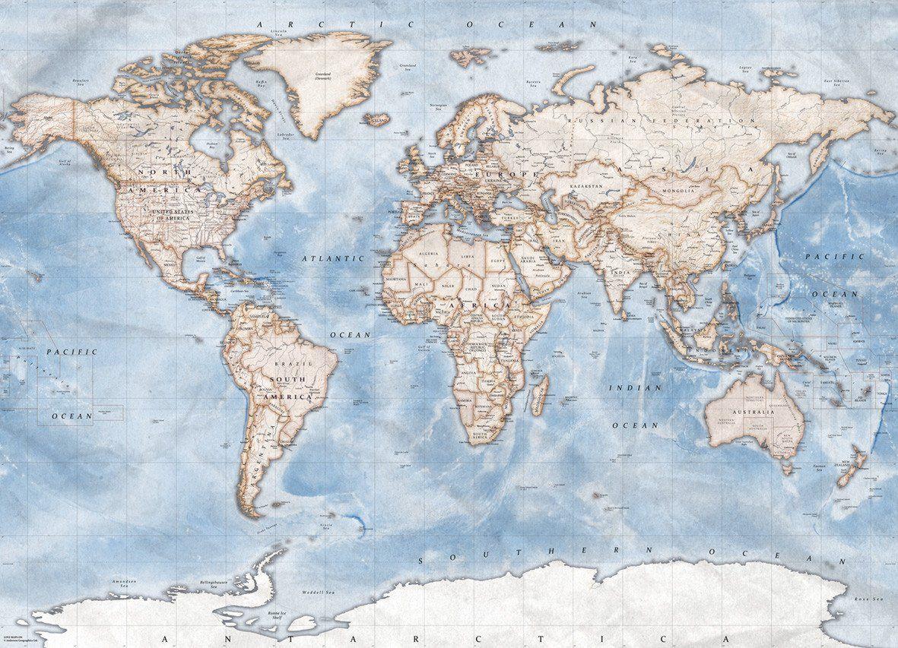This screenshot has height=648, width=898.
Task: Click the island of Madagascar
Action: pyautogui.click(x=539, y=395)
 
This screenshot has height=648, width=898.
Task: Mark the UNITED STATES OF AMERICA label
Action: pyautogui.click(x=182, y=215)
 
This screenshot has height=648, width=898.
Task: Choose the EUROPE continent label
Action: pyautogui.click(x=496, y=174)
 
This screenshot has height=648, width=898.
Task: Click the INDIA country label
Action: pyautogui.click(x=619, y=272)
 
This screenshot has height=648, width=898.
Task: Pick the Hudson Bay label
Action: pyautogui.click(x=212, y=145)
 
